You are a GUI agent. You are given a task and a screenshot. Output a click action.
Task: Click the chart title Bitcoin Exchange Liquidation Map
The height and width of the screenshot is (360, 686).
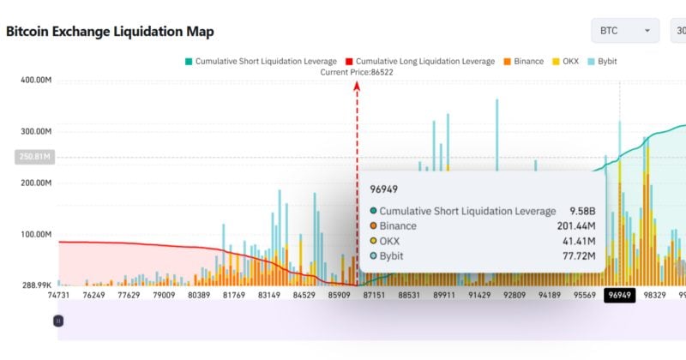pos(110,32)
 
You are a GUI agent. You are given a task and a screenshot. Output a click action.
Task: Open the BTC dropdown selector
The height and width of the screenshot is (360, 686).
pos(624,31)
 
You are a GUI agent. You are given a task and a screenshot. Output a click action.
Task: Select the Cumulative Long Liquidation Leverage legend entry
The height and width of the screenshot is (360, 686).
pos(419,62)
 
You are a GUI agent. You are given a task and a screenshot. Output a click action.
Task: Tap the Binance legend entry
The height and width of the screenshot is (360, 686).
pos(522,62)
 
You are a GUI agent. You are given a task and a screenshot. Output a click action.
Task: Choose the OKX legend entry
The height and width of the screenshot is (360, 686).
pos(566,62)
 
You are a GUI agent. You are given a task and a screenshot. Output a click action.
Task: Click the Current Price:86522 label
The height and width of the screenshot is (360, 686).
pos(357,73)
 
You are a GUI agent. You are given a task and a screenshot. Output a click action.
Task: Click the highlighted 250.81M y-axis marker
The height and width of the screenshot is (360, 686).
pos(35,157)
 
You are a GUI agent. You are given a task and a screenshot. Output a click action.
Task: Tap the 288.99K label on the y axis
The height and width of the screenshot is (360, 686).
pos(37,285)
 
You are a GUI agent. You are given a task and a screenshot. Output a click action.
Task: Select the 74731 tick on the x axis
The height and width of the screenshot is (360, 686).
pos(58,296)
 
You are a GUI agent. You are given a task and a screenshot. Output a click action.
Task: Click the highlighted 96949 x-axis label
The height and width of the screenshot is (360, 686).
pos(620,296)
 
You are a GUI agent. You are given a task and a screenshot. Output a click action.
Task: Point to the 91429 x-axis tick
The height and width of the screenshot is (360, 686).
pos(479,296)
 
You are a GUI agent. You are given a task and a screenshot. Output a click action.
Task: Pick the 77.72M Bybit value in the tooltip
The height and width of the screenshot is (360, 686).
pos(579,255)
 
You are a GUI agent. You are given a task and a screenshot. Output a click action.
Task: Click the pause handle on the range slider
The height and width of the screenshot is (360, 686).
pos(58,320)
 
